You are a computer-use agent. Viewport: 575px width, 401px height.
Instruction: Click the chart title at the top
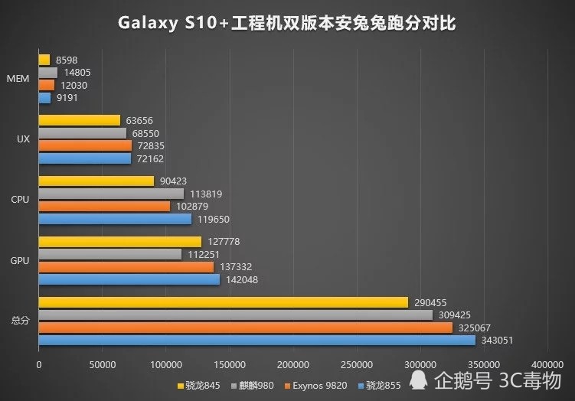287,23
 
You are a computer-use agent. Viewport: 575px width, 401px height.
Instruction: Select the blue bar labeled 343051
256,341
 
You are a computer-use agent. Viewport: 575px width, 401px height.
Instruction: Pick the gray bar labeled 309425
235,315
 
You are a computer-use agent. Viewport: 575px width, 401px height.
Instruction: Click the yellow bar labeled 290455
223,303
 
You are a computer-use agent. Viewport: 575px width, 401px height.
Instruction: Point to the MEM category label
18,79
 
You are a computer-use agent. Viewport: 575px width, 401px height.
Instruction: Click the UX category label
23,139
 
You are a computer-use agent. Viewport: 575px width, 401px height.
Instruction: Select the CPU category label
20,200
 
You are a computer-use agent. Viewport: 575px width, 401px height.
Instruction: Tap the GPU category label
20,261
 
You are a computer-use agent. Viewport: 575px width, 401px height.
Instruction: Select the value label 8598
65,60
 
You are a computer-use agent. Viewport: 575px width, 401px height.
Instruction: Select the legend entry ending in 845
198,385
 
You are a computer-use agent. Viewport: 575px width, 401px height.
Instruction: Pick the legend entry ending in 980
253,385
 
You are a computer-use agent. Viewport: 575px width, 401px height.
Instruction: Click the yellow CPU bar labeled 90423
96,181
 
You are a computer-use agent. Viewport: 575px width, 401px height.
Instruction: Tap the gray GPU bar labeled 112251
109,255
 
